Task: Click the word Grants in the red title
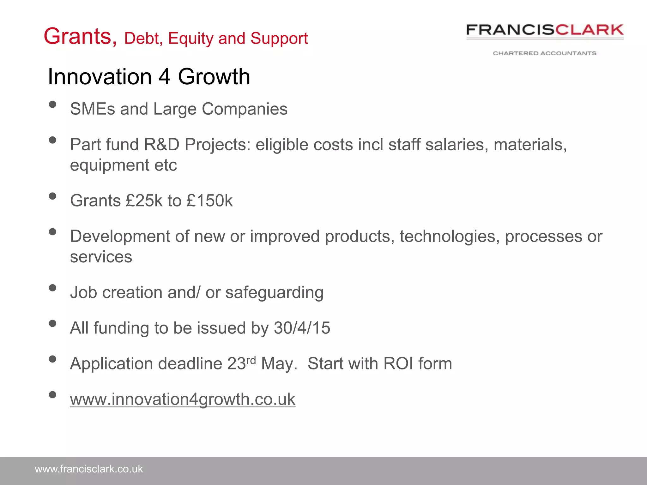(x=80, y=37)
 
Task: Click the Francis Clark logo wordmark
(x=545, y=30)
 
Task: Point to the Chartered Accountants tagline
(x=545, y=53)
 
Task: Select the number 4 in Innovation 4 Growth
(x=164, y=77)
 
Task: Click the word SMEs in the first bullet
(x=92, y=109)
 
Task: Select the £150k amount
(x=209, y=201)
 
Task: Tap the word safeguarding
(x=274, y=292)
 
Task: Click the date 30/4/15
(x=302, y=328)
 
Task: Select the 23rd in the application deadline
(x=241, y=363)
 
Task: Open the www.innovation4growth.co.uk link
(x=183, y=399)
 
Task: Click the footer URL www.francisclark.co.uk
(x=89, y=469)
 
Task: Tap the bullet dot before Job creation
(x=53, y=288)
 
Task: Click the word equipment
(x=109, y=165)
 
